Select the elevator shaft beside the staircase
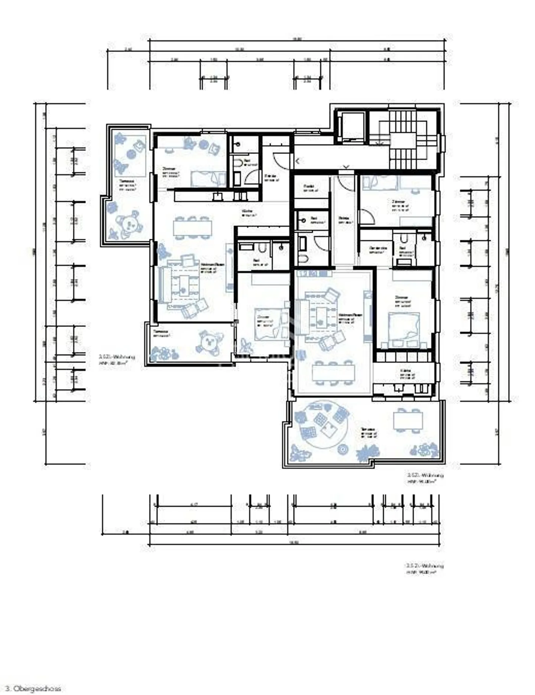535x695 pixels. [x=351, y=126]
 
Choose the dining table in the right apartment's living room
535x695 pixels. [x=334, y=372]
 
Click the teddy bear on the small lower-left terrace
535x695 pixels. [x=209, y=343]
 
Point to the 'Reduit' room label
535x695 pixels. [x=310, y=188]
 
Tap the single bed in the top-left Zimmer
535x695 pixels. [x=208, y=179]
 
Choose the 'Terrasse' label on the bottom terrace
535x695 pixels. [x=369, y=432]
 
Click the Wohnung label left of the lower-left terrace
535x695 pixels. [x=117, y=359]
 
